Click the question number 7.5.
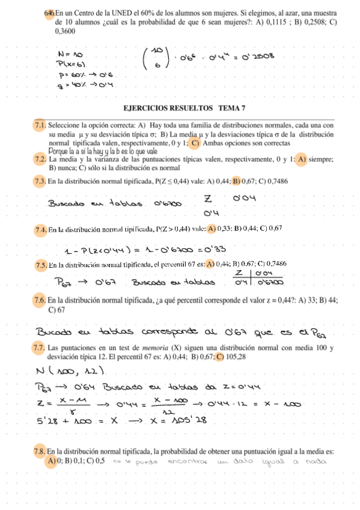point(41,264)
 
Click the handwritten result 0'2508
point(257,57)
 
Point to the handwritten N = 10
point(70,54)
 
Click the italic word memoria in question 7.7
point(158,348)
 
